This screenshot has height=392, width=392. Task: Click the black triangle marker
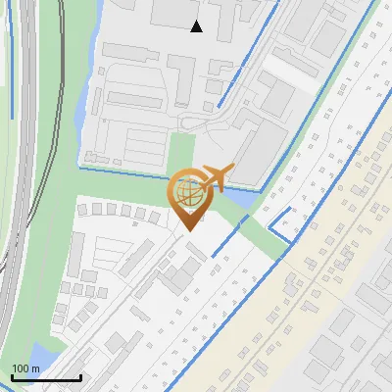click(x=197, y=26)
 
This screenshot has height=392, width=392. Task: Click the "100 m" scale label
click(x=25, y=368)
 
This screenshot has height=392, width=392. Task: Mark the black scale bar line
click(x=45, y=377)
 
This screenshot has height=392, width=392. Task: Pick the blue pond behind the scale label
click(x=41, y=355)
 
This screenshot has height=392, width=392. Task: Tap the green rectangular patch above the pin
click(x=181, y=152)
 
